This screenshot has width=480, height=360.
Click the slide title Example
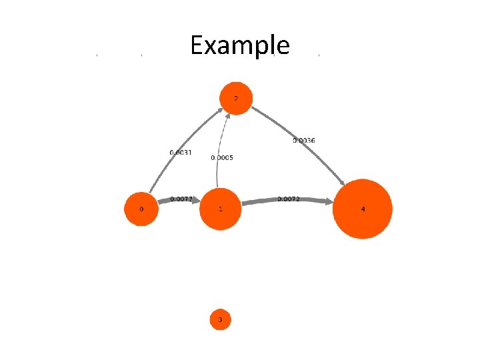tap(239, 45)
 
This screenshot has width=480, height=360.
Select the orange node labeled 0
tap(141, 209)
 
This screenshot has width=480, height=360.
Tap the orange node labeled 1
tap(220, 209)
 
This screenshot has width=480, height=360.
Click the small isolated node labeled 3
tap(221, 320)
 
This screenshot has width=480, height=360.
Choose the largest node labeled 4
tap(363, 209)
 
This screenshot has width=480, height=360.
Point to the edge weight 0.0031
tap(181, 153)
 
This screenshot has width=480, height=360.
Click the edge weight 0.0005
tap(222, 158)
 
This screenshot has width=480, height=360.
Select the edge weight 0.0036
tap(304, 140)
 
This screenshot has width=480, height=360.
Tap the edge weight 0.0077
tap(181, 199)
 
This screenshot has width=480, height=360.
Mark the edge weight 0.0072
tap(288, 199)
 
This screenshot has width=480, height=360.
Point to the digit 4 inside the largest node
tap(363, 209)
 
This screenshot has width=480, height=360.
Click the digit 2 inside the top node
tap(235, 98)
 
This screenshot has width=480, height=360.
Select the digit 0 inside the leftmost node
tap(141, 209)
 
